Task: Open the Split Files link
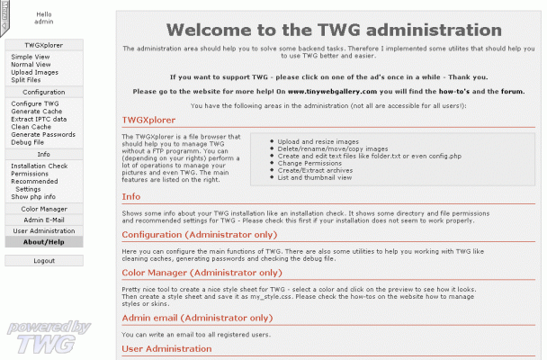pyautogui.click(x=25, y=80)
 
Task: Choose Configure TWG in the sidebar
pyautogui.click(x=34, y=103)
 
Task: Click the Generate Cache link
pyautogui.click(x=35, y=112)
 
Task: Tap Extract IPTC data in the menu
pyautogui.click(x=39, y=120)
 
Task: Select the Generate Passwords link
pyautogui.click(x=43, y=135)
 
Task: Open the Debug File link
pyautogui.click(x=27, y=142)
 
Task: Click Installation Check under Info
pyautogui.click(x=39, y=166)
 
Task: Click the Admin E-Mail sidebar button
pyautogui.click(x=44, y=220)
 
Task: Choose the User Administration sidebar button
pyautogui.click(x=44, y=231)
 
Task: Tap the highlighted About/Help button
pyautogui.click(x=44, y=242)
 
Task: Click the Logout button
pyautogui.click(x=44, y=261)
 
